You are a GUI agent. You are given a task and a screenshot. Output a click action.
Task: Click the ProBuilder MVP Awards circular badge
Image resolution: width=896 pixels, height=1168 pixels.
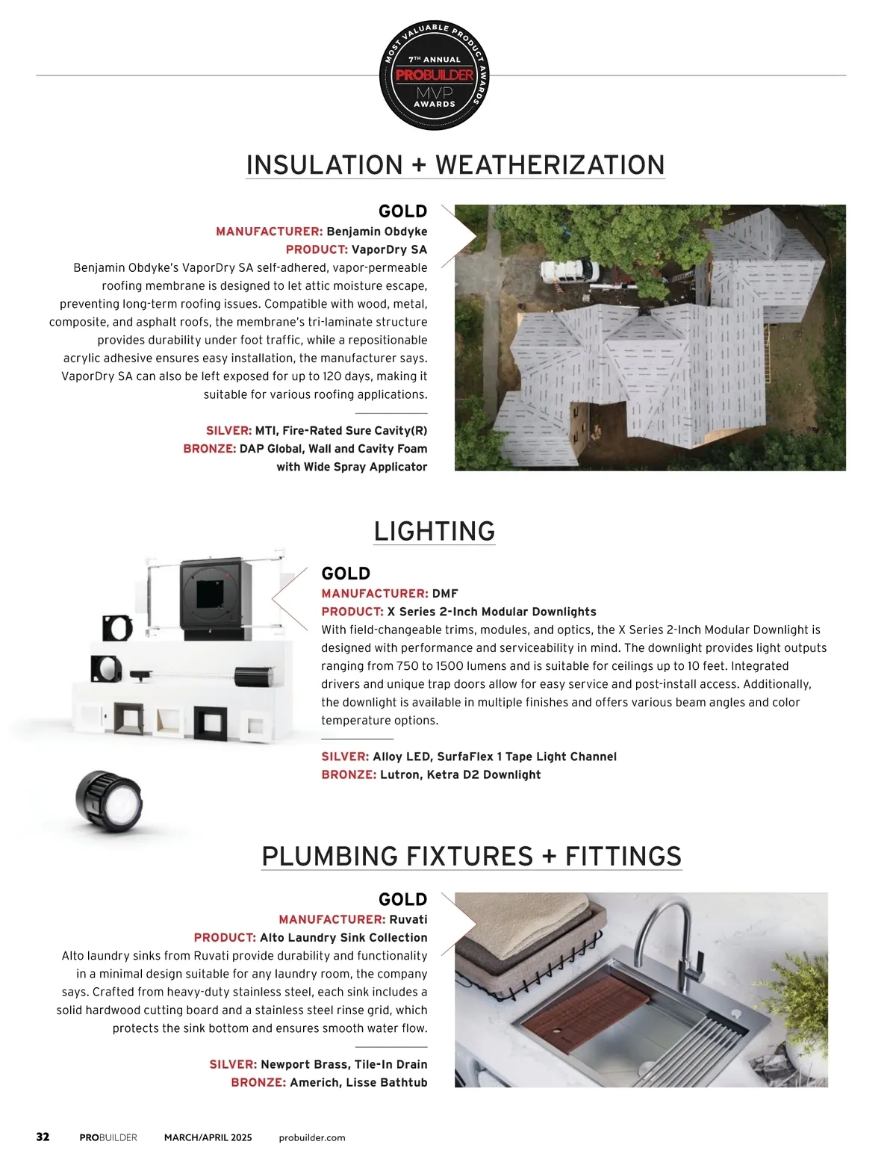(435, 75)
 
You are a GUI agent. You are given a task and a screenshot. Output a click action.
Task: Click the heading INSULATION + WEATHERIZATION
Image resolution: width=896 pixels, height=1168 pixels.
(455, 165)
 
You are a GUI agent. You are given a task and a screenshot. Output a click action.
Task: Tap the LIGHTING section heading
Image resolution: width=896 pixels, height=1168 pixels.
(435, 531)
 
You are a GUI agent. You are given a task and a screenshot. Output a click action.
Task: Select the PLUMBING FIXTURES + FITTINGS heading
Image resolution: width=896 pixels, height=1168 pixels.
(472, 856)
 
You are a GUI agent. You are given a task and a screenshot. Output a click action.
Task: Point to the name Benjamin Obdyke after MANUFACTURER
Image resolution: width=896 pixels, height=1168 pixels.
(377, 232)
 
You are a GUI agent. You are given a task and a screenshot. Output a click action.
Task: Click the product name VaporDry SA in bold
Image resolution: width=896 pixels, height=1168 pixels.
(389, 249)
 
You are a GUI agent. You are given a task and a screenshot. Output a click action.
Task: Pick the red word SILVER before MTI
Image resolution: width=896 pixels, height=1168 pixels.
(228, 431)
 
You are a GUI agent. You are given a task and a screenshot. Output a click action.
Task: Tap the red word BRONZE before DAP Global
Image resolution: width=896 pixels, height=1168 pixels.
(210, 449)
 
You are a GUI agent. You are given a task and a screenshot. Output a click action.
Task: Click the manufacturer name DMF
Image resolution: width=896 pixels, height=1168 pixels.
(445, 594)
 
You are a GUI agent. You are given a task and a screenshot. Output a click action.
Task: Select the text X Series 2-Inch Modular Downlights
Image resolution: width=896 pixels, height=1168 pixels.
(491, 612)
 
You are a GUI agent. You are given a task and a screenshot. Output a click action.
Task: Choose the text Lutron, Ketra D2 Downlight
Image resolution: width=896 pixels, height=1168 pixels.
(460, 774)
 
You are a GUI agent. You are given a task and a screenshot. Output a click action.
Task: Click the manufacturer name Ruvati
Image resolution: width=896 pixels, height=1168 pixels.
(408, 919)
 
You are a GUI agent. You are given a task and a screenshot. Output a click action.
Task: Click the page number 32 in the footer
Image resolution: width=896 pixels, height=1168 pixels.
(43, 1137)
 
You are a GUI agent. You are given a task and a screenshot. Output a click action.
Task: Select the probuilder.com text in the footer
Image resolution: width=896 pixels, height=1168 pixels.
(312, 1137)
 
